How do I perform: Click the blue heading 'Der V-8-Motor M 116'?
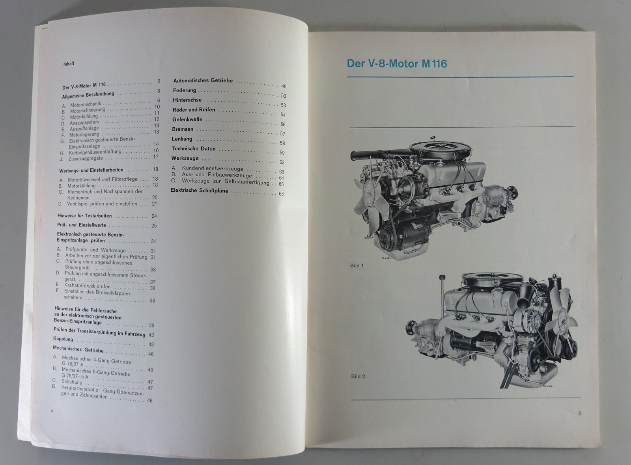click(397, 63)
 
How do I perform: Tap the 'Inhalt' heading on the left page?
click(69, 63)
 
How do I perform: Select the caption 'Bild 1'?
click(357, 265)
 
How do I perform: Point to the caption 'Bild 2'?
click(358, 376)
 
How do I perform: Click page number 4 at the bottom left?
click(52, 411)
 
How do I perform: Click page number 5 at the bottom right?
click(580, 413)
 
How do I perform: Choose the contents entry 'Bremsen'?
click(183, 129)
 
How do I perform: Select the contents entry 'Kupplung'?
click(63, 339)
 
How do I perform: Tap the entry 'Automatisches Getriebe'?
click(203, 80)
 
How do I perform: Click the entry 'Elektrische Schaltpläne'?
click(200, 190)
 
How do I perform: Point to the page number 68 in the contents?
click(281, 194)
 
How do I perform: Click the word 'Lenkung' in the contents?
click(182, 139)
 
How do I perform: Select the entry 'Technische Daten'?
click(194, 149)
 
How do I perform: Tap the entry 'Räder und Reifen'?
click(194, 110)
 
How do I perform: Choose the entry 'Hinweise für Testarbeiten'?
click(84, 216)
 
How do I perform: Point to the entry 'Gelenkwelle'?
click(187, 120)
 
